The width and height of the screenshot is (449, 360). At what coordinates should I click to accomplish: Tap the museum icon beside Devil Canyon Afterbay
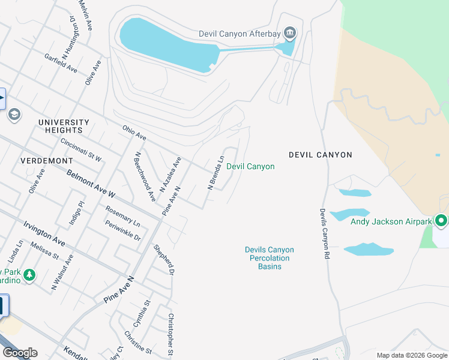pyautogui.click(x=290, y=32)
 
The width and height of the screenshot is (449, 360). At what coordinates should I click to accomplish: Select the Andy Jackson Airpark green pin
pyautogui.click(x=441, y=221)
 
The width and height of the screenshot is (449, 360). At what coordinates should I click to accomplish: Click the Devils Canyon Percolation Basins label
pyautogui.click(x=270, y=258)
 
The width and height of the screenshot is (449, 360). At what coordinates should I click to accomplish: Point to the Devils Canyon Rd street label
pyautogui.click(x=324, y=233)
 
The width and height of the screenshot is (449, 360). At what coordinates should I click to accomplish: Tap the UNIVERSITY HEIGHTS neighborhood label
pyautogui.click(x=64, y=126)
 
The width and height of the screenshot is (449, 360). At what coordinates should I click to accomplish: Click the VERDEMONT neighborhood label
pyautogui.click(x=47, y=161)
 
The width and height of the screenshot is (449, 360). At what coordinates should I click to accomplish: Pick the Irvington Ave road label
pyautogui.click(x=44, y=232)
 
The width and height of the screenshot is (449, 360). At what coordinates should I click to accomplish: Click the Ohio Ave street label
pyautogui.click(x=134, y=133)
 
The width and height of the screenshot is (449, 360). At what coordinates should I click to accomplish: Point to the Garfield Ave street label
pyautogui.click(x=61, y=62)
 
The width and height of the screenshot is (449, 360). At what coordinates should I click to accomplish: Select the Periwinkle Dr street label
pyautogui.click(x=122, y=230)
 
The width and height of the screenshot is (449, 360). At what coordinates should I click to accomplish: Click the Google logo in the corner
pyautogui.click(x=20, y=353)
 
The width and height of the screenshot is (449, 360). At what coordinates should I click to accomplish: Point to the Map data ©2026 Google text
pyautogui.click(x=411, y=355)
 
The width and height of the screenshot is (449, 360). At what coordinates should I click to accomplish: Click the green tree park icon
pyautogui.click(x=29, y=275)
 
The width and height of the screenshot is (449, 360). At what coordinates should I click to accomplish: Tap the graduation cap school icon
pyautogui.click(x=14, y=114)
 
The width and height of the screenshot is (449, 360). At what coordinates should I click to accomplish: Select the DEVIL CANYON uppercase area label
pyautogui.click(x=321, y=155)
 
